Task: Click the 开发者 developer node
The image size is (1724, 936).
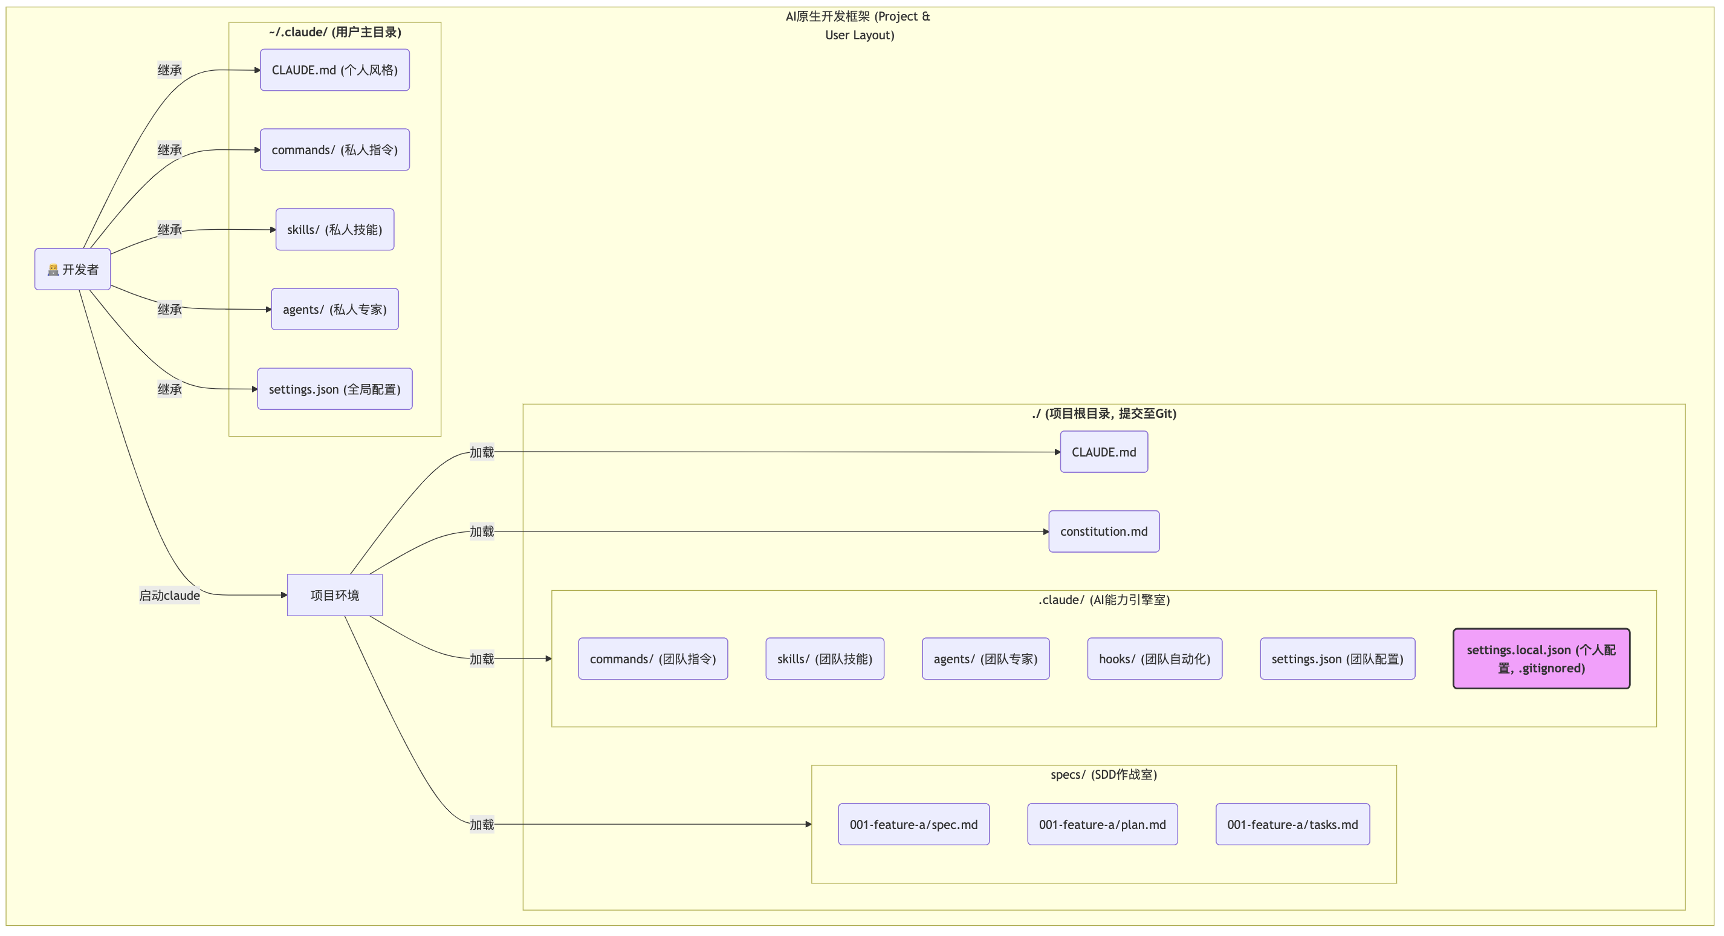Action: (x=73, y=269)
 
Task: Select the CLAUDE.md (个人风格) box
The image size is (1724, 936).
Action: (x=335, y=70)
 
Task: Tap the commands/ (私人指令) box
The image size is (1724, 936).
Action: (x=335, y=149)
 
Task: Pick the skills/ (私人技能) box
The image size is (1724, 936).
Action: (x=335, y=229)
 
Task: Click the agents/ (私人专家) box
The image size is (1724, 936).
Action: (x=335, y=308)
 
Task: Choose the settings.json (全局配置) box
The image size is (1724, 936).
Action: (x=335, y=388)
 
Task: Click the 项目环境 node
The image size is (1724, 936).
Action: (x=335, y=594)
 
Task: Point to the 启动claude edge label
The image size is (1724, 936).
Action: (x=169, y=595)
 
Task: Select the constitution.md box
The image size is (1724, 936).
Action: (x=1104, y=531)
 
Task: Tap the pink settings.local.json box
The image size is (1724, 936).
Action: (x=1541, y=658)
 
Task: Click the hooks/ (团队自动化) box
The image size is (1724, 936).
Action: (x=1155, y=658)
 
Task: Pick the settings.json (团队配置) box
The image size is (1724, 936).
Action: (x=1337, y=658)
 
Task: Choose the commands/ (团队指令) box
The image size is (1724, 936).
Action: (x=652, y=658)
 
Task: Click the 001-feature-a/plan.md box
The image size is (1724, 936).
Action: (x=1102, y=824)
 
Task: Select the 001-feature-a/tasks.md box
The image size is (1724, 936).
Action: (x=1292, y=824)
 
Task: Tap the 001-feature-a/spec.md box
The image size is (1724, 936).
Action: (x=913, y=824)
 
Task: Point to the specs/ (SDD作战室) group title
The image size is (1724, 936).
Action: (x=1104, y=774)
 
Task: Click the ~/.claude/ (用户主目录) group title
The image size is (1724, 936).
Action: (x=335, y=31)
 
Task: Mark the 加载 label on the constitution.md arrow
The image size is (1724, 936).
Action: (x=481, y=531)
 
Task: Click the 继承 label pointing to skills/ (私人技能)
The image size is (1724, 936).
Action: (x=169, y=229)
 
